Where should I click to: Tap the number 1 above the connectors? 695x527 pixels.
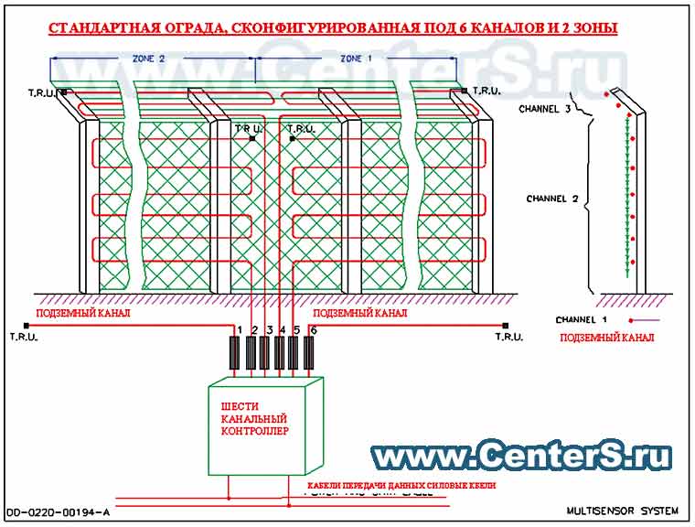[x=240, y=329]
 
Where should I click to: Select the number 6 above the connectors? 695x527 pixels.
[x=315, y=329]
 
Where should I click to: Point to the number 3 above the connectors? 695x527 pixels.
[x=270, y=329]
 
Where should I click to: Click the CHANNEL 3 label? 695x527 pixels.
[x=545, y=109]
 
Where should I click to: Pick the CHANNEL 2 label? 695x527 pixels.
[x=552, y=198]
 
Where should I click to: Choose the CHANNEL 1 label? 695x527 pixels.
[x=582, y=320]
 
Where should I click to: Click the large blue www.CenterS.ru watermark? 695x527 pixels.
[x=521, y=455]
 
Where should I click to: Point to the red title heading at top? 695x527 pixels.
[x=332, y=28]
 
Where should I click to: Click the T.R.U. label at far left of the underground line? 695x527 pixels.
[x=24, y=337]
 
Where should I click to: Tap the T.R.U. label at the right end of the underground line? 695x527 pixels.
[x=508, y=337]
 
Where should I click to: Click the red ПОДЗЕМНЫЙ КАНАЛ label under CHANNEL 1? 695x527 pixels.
[x=605, y=338]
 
